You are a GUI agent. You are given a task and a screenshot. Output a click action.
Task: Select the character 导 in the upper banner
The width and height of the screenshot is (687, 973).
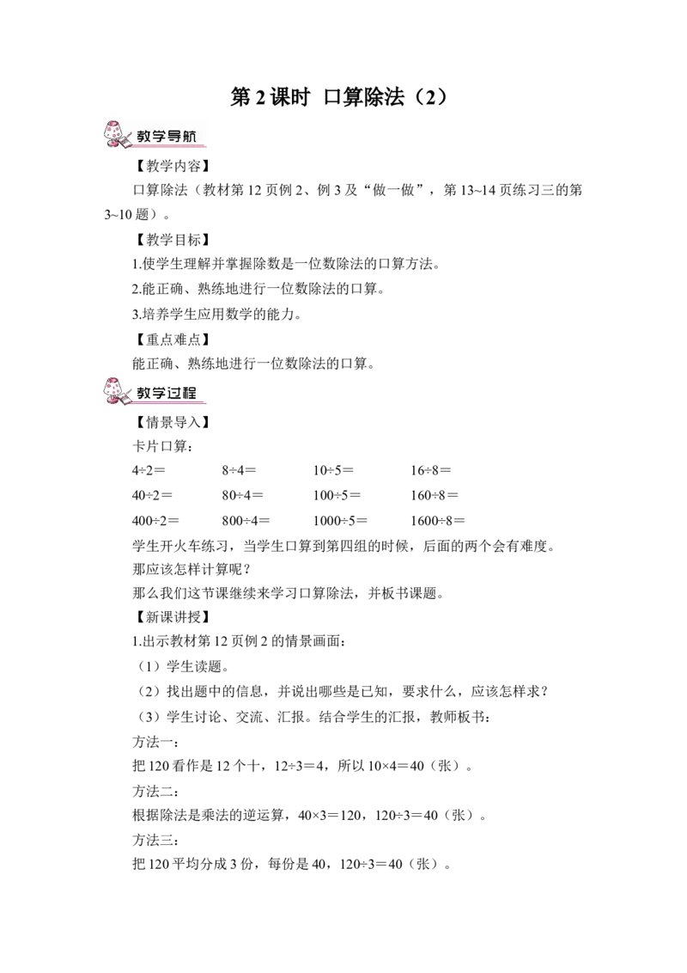coord(175,136)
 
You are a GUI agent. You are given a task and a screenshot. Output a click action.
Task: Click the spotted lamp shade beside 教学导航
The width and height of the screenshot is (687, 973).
coord(113,131)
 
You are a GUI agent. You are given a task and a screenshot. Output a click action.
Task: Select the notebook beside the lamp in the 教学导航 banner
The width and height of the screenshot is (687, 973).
coord(125,143)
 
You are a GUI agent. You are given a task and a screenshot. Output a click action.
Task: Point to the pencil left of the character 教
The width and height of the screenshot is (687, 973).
coord(130,134)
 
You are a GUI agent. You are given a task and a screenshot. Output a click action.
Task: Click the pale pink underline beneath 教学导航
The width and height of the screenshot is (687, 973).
coord(167,146)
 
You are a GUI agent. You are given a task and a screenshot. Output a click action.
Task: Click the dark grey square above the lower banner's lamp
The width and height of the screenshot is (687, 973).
coord(112,374)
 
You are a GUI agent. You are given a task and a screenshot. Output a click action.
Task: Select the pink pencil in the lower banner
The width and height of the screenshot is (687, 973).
coord(127,395)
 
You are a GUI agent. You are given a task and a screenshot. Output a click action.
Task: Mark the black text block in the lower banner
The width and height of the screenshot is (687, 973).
coord(164,392)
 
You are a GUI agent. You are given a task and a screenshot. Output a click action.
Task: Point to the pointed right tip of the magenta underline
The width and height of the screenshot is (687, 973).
coord(205,403)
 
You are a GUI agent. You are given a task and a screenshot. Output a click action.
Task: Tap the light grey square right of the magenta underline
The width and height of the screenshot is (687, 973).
coord(210,401)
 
